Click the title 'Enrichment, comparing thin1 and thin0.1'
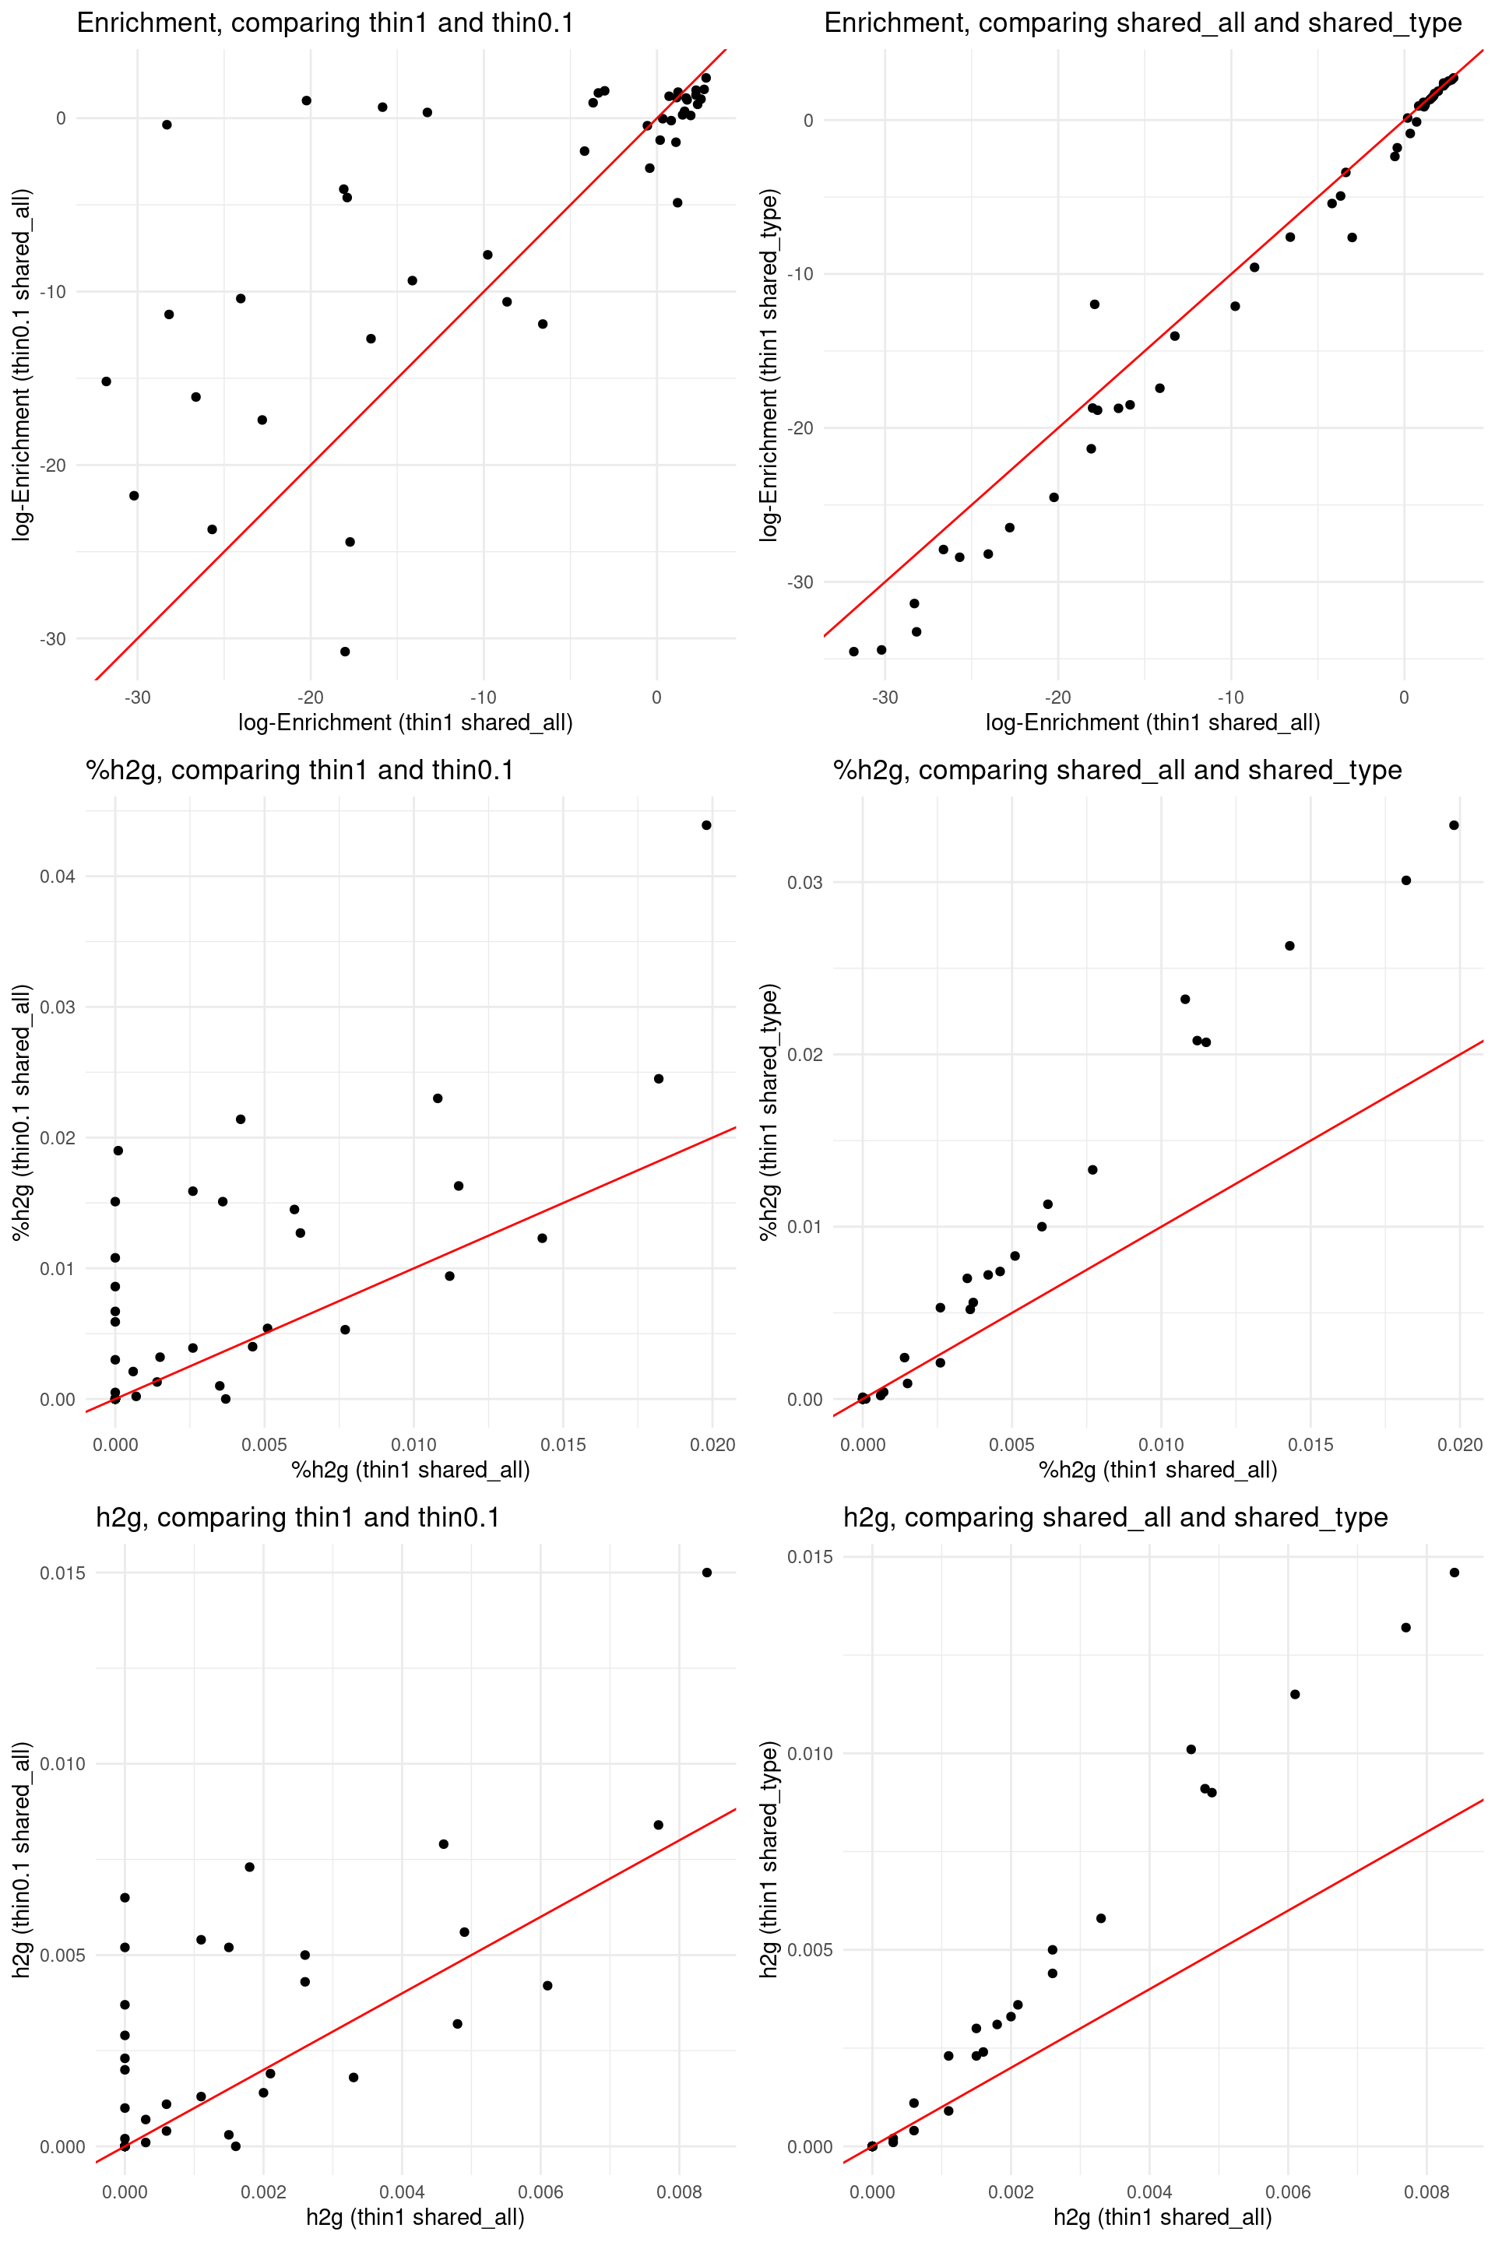[x=325, y=23]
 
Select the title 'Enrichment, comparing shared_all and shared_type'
[x=1142, y=23]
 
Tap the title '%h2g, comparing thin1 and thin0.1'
[x=299, y=770]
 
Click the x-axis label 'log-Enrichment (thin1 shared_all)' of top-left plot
[x=405, y=722]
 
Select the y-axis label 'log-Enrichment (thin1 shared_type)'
[x=769, y=365]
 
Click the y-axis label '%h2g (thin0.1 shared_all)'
[x=22, y=1112]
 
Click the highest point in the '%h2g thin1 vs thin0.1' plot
[x=706, y=825]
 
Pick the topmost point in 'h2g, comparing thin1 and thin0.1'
[x=706, y=1573]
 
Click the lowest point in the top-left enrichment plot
[x=345, y=652]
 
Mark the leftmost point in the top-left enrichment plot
[x=106, y=381]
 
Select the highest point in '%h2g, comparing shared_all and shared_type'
[x=1454, y=825]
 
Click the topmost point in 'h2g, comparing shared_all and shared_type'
[x=1454, y=1573]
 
